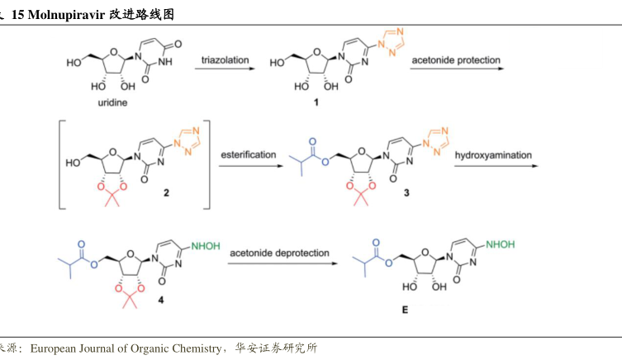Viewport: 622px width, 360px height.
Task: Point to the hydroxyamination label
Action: pyautogui.click(x=492, y=154)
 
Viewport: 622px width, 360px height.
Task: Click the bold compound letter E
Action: pyautogui.click(x=404, y=309)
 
